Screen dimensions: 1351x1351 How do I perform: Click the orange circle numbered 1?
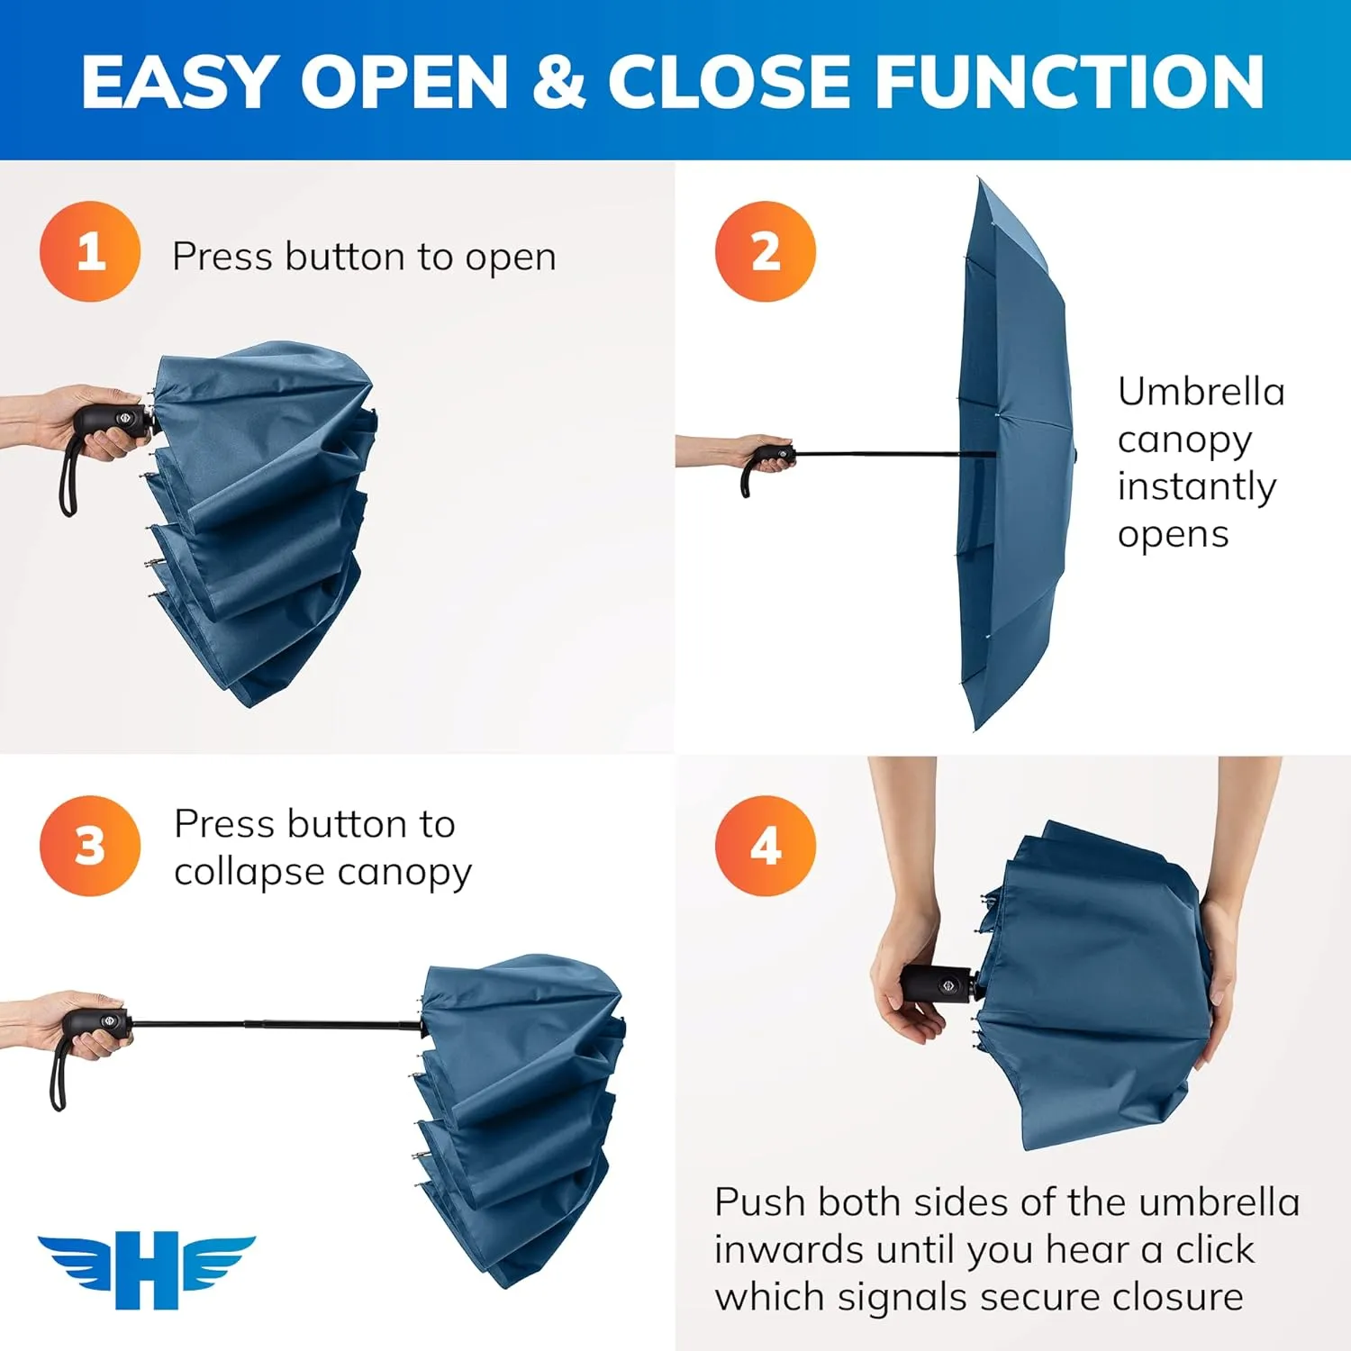tap(90, 251)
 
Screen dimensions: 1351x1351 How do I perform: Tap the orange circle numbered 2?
tap(765, 251)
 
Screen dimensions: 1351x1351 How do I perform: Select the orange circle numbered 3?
tap(90, 846)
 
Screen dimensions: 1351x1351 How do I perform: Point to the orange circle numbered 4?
tap(765, 846)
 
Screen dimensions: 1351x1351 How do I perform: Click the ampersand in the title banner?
tap(558, 81)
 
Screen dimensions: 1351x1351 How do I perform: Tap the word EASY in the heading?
tap(177, 81)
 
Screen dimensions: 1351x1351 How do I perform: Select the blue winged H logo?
tap(147, 1270)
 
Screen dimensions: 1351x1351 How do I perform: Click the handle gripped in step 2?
tap(773, 455)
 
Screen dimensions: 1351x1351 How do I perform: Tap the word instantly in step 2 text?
tap(1196, 487)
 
